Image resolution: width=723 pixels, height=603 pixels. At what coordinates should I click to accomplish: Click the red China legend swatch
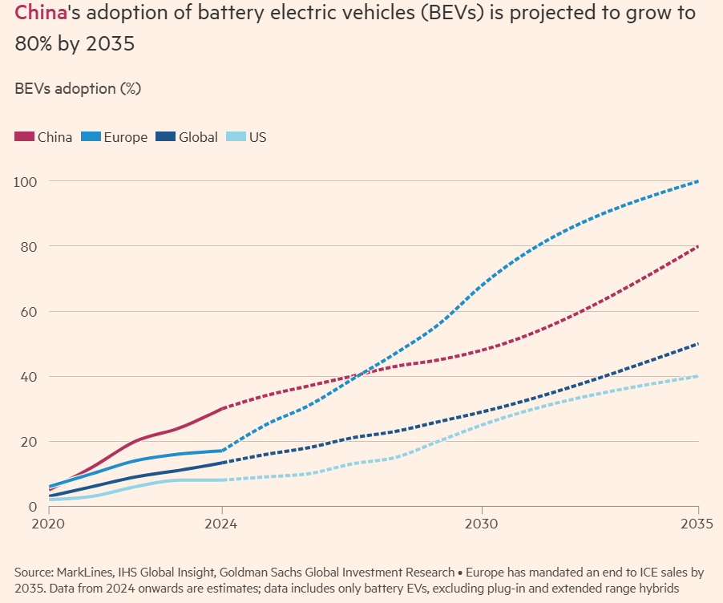pyautogui.click(x=24, y=137)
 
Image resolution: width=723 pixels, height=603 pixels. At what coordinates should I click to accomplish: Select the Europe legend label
pyautogui.click(x=125, y=137)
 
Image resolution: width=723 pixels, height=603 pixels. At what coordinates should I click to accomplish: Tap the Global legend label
pyautogui.click(x=198, y=137)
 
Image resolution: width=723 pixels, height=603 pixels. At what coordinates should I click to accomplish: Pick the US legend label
pyautogui.click(x=257, y=137)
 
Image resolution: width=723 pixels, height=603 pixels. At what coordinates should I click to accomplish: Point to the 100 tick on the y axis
pyautogui.click(x=24, y=181)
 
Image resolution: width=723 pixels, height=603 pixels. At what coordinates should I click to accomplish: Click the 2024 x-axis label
pyautogui.click(x=222, y=524)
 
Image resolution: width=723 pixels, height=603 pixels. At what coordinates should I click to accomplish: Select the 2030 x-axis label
pyautogui.click(x=481, y=524)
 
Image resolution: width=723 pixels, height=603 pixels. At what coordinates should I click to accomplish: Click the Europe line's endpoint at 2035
pyautogui.click(x=698, y=181)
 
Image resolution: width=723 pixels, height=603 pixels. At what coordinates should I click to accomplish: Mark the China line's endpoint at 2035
pyautogui.click(x=698, y=246)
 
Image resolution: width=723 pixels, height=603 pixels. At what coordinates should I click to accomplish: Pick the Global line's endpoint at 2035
pyautogui.click(x=698, y=344)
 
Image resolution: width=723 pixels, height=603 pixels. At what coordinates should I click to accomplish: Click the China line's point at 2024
pyautogui.click(x=222, y=408)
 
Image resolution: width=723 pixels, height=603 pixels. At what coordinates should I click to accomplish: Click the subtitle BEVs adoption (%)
pyautogui.click(x=78, y=88)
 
